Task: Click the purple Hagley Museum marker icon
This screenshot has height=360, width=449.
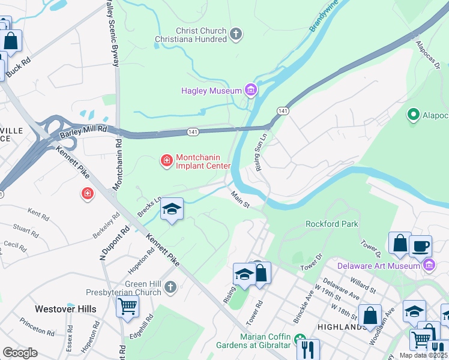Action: [251, 91]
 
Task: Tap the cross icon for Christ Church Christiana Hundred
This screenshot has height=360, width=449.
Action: [236, 34]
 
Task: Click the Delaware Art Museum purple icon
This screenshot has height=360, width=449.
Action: [429, 265]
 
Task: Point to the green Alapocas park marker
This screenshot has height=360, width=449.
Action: [413, 114]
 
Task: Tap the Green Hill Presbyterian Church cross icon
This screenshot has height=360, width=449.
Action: [170, 287]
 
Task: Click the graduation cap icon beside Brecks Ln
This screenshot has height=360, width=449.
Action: [172, 209]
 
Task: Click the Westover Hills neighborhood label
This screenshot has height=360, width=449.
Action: [65, 309]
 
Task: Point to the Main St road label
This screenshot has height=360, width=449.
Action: [240, 200]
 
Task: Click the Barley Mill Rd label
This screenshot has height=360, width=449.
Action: [83, 128]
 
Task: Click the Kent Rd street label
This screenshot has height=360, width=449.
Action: [38, 214]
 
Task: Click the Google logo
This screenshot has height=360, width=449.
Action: [20, 353]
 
